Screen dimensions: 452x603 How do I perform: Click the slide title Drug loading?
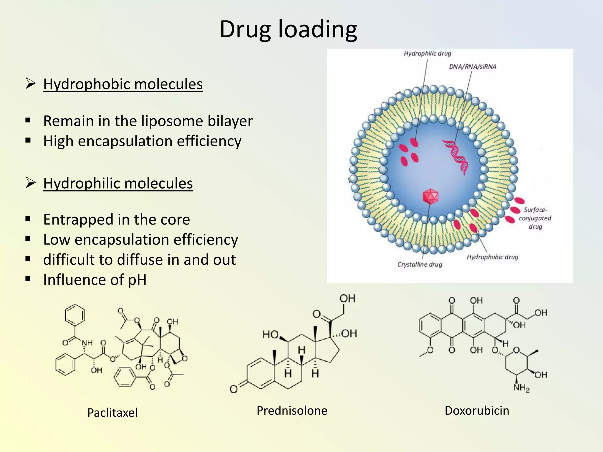288,29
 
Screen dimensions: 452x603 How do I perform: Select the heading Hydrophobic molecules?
123,84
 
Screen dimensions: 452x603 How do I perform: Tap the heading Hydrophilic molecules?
118,183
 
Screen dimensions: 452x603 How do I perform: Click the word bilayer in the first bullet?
230,121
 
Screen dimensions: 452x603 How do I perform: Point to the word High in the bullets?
58,141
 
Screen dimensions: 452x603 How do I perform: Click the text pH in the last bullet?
137,280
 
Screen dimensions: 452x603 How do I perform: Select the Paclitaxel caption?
112,413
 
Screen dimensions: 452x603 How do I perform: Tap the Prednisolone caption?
292,411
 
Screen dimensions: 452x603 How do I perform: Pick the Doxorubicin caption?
477,411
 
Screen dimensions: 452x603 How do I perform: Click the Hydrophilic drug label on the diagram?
427,54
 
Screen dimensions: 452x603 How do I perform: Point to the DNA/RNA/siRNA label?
473,67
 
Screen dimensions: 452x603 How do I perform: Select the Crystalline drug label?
420,264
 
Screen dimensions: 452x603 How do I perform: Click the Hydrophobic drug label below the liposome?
492,257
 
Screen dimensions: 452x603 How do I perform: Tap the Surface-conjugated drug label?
535,218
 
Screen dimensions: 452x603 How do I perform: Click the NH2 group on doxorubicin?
521,388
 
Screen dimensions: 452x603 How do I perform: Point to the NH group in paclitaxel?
87,343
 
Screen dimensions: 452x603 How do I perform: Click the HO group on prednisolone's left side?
271,335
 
